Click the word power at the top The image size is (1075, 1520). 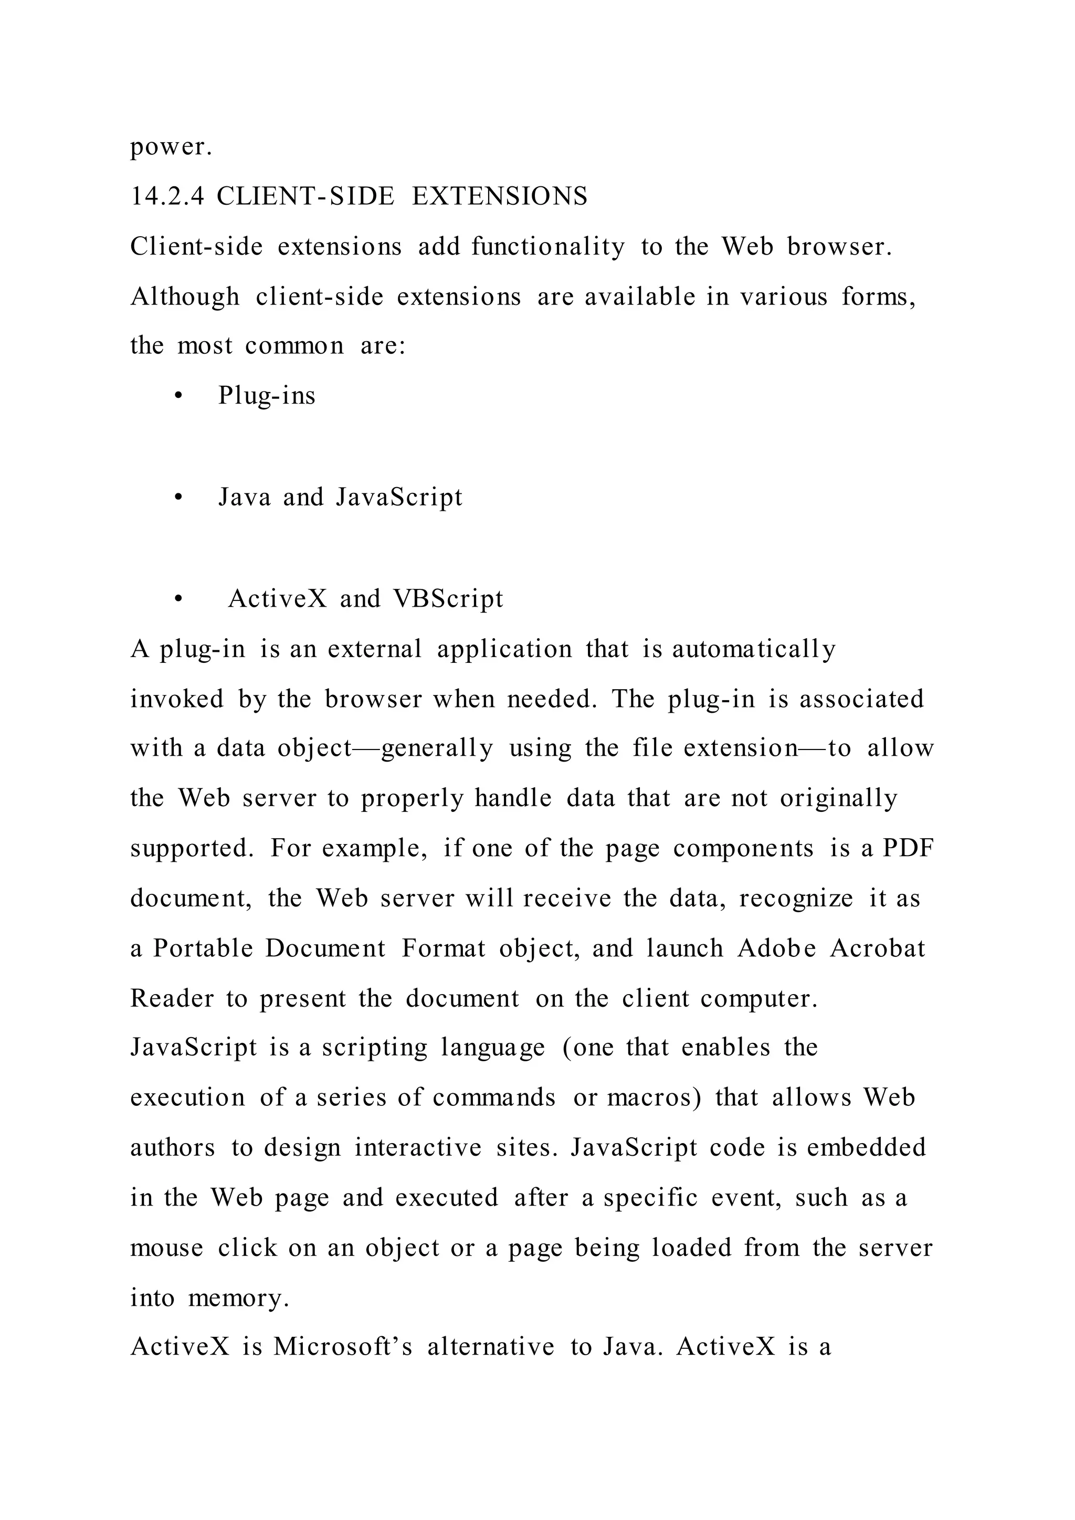(170, 147)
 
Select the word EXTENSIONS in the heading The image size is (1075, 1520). (500, 197)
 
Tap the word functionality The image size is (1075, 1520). (548, 246)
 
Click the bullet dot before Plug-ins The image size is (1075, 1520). (177, 397)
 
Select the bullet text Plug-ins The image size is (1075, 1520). (267, 396)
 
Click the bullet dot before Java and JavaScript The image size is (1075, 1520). (177, 499)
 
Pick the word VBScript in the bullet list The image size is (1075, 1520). (448, 598)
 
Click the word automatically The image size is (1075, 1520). (754, 649)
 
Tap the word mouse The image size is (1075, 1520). (167, 1249)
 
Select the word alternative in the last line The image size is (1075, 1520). (490, 1347)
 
